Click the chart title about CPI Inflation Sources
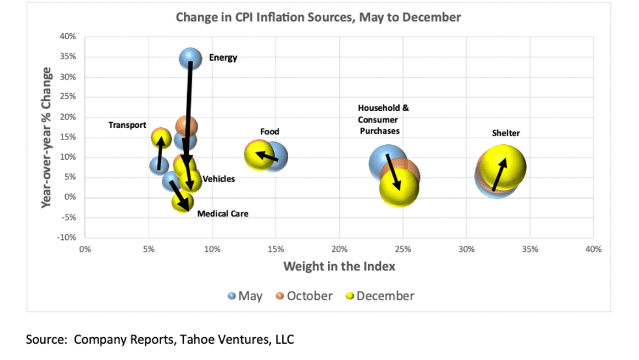pos(318,17)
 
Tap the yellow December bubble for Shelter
pos(503,166)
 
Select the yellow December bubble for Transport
pos(161,138)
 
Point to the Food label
pos(269,132)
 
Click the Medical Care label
pos(222,213)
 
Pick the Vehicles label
pos(218,179)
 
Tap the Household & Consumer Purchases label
pos(383,119)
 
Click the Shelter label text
pos(505,133)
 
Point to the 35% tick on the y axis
pos(68,57)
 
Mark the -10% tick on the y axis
pos(67,237)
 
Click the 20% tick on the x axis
pos(339,249)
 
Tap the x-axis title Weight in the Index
pos(339,266)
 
